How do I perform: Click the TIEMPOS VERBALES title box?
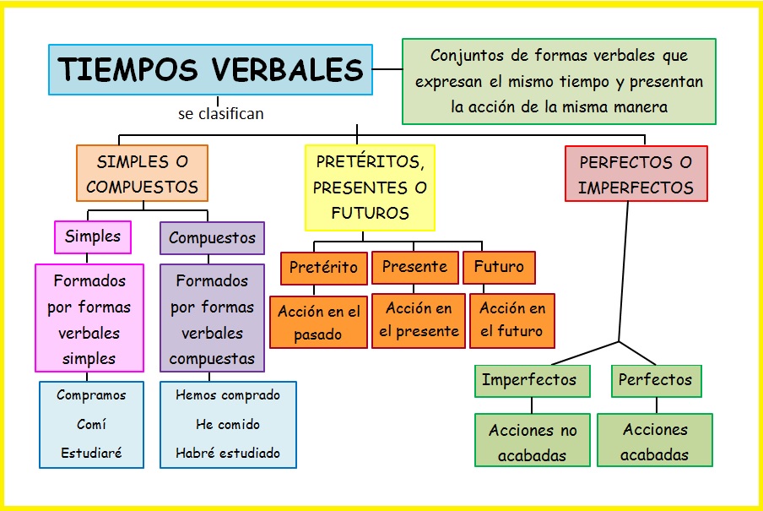(x=210, y=69)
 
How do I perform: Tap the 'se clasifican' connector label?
(x=220, y=113)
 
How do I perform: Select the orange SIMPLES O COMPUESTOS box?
(x=142, y=173)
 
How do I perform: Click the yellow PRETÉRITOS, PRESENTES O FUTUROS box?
(x=370, y=187)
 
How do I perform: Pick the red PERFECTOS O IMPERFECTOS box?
(x=636, y=174)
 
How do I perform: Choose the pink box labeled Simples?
(x=93, y=236)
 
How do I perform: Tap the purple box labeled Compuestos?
(x=212, y=238)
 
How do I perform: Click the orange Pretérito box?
(x=323, y=268)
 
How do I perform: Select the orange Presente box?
(x=414, y=267)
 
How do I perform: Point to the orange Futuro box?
(x=499, y=267)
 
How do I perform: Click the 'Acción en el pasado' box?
(x=318, y=322)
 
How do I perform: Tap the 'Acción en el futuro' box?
(x=512, y=319)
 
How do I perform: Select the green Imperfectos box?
(x=529, y=380)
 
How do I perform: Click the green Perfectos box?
(x=655, y=380)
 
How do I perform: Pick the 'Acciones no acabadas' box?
(x=533, y=442)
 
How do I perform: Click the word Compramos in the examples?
(x=91, y=395)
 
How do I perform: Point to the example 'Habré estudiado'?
(x=228, y=453)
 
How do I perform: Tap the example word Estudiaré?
(x=91, y=453)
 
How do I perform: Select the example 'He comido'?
(x=228, y=424)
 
